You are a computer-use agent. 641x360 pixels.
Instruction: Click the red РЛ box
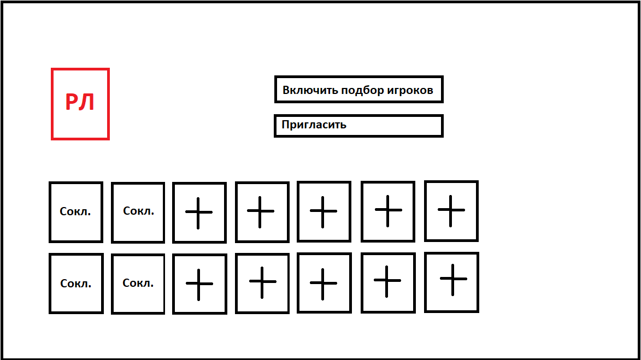tap(80, 104)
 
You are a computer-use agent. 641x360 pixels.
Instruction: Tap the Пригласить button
tap(358, 126)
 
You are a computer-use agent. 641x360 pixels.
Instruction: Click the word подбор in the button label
tap(362, 90)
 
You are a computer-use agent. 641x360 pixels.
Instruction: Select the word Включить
tap(310, 90)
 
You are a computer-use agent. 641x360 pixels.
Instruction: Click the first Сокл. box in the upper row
tap(76, 212)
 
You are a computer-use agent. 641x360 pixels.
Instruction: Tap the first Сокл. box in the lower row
tap(76, 283)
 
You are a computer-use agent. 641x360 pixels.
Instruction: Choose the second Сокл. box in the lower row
tap(138, 284)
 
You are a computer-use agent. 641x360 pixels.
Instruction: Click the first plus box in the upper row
tap(199, 213)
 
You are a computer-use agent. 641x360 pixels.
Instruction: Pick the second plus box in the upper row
tap(262, 212)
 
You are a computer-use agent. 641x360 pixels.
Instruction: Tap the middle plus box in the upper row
tap(324, 211)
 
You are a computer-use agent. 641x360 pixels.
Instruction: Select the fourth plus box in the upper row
tap(388, 211)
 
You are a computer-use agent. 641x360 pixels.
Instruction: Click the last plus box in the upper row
tap(451, 211)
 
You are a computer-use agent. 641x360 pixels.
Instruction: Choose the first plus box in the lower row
tap(199, 284)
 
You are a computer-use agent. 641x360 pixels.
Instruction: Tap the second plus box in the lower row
tap(262, 283)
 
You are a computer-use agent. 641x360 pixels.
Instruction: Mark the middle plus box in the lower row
tap(324, 283)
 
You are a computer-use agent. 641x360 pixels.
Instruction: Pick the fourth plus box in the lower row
tap(388, 283)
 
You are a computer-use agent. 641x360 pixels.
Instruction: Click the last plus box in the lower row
tap(452, 282)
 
